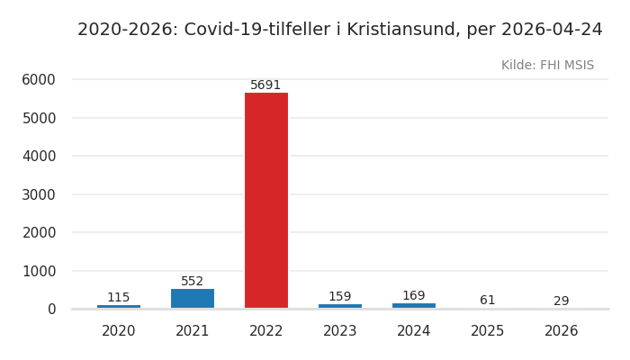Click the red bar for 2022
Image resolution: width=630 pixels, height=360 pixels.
266,200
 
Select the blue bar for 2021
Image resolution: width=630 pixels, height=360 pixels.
193,299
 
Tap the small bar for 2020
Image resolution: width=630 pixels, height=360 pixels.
119,307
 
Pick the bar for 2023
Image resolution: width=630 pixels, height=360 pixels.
340,306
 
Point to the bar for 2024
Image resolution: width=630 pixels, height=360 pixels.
414,306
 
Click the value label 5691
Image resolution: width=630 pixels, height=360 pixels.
265,85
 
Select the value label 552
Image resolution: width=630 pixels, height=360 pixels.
193,282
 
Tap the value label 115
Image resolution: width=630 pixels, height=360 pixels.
119,298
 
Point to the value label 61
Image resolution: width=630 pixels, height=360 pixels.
488,301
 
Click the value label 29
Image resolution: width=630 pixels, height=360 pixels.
562,301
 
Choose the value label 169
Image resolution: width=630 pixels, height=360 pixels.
414,296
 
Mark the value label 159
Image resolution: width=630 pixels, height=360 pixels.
340,297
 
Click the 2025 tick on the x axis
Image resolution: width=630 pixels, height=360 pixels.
488,331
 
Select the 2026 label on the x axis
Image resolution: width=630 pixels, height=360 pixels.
562,331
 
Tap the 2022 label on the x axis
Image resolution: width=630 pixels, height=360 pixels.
266,331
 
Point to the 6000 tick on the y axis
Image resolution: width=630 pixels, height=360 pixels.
39,79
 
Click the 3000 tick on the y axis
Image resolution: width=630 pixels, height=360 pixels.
39,194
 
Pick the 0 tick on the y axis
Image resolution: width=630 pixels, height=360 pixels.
51,309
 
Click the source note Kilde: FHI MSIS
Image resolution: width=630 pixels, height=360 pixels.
547,66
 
